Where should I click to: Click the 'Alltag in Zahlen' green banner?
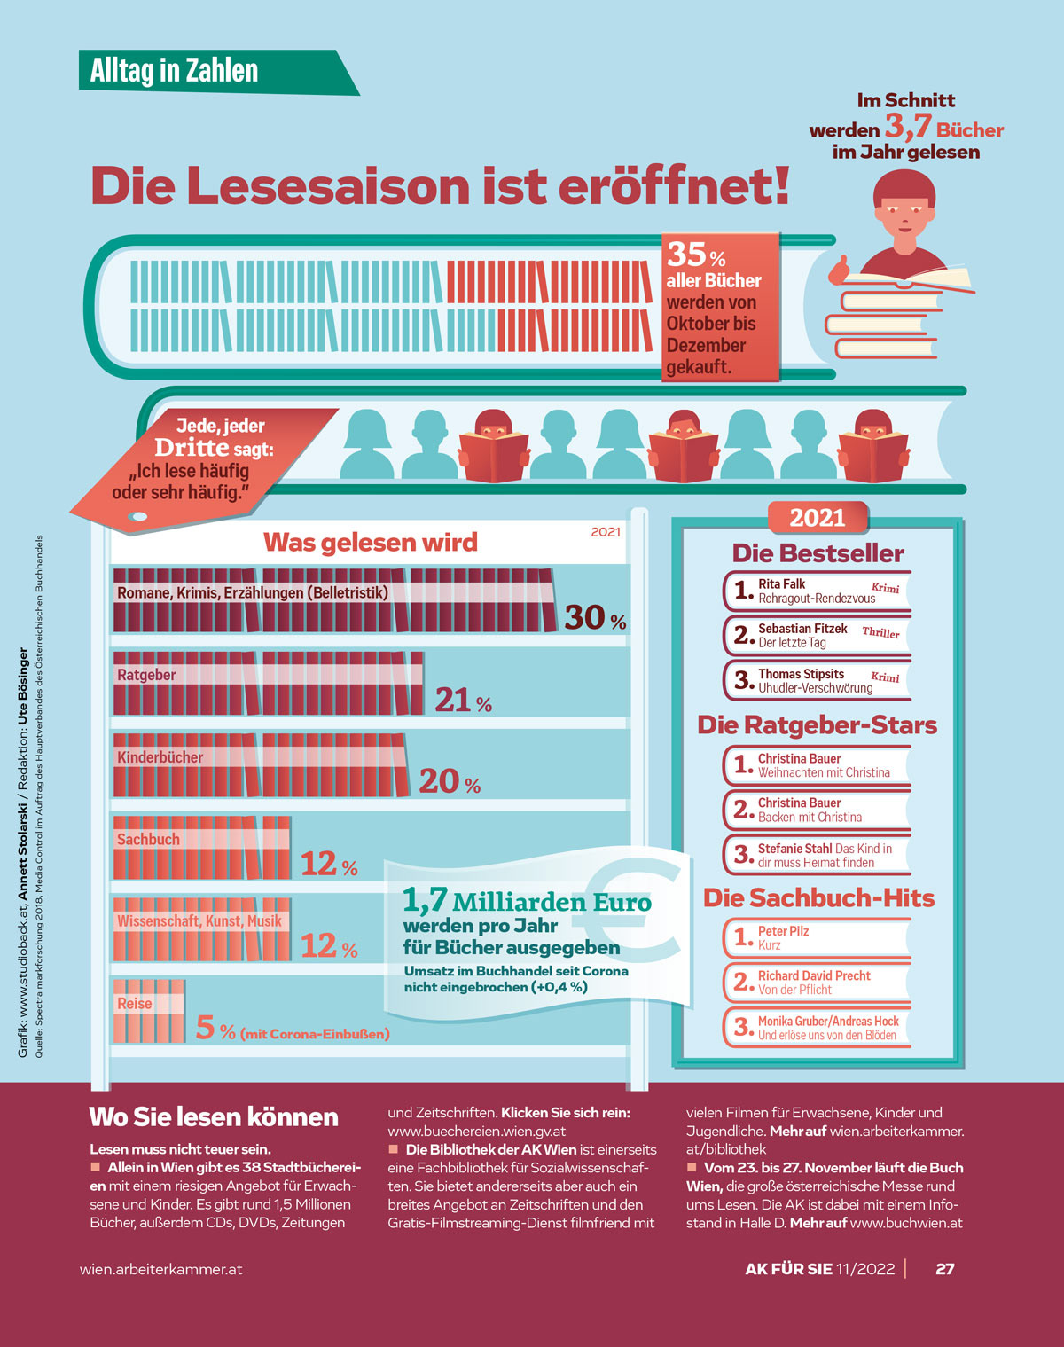click(175, 71)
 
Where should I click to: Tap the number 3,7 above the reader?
click(908, 126)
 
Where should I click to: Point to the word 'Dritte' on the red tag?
click(192, 447)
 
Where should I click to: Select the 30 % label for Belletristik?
click(595, 617)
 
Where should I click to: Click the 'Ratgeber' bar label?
click(146, 675)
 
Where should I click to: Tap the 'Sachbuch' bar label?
click(148, 839)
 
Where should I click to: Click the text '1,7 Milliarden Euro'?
click(527, 902)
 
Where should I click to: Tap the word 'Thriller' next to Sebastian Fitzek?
click(880, 632)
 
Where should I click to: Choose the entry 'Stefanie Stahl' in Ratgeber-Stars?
click(794, 849)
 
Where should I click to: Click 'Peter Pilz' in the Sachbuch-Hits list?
click(783, 931)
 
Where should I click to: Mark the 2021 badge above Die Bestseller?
click(817, 517)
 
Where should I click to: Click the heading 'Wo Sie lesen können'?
click(214, 1116)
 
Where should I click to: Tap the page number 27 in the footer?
click(944, 1269)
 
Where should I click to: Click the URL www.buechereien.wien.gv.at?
click(476, 1131)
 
